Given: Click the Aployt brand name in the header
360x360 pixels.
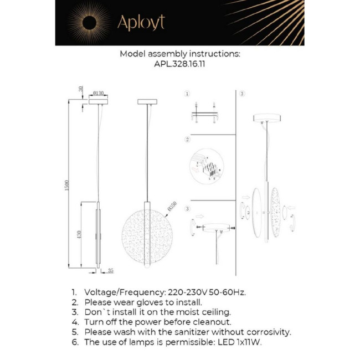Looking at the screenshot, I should point(140,23).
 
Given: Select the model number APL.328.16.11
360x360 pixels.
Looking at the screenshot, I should point(180,64).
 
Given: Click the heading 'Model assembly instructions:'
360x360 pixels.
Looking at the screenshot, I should point(180,54).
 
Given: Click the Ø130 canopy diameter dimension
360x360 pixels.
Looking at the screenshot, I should point(99,93).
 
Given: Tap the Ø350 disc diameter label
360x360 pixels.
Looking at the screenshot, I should point(171,207).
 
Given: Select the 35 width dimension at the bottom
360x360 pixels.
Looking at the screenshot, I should point(110,270).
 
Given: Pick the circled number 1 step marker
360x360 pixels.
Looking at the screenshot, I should point(187,94).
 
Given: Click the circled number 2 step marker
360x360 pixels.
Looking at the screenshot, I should point(187,139).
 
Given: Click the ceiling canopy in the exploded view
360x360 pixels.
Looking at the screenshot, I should point(267,118).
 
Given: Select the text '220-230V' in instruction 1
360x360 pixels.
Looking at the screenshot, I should point(186,292).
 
